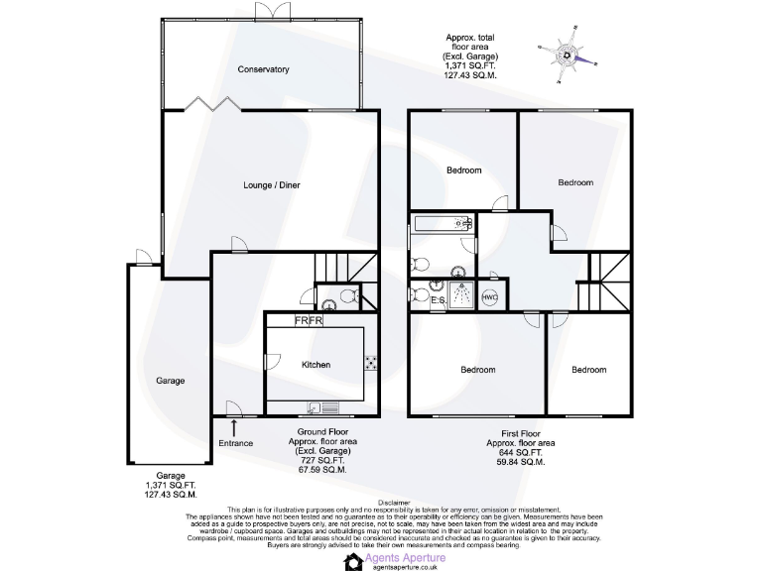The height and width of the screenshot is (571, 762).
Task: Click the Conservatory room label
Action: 263,69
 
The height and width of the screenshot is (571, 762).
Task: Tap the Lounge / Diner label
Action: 271,185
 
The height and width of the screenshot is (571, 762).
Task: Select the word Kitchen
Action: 316,365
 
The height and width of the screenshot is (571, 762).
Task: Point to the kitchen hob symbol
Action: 372,363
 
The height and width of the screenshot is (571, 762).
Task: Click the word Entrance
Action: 235,443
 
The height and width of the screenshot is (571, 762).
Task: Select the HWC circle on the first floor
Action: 489,297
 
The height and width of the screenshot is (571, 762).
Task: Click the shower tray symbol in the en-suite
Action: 460,294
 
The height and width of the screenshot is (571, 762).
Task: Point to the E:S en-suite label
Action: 438,298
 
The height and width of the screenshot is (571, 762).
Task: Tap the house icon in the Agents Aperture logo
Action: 353,562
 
